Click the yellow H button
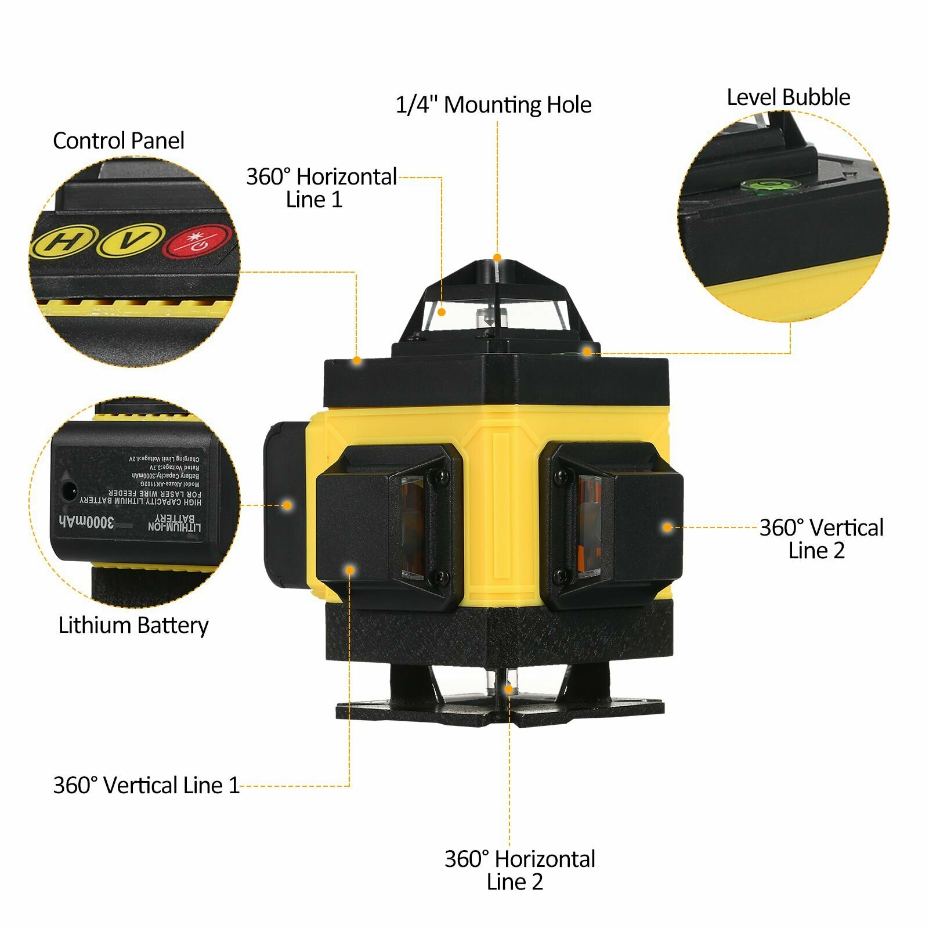click(60, 243)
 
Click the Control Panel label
click(118, 140)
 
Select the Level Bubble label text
click(788, 97)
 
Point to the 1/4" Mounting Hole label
click(493, 105)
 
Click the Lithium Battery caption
click(133, 626)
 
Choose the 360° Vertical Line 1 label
click(146, 786)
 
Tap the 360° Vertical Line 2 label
click(820, 538)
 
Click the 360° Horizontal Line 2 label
click(519, 870)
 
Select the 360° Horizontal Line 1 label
click(321, 187)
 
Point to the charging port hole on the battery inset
click(69, 491)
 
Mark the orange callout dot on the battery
click(287, 505)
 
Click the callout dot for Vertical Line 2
click(667, 527)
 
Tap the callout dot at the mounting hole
click(497, 258)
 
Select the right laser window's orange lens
click(588, 525)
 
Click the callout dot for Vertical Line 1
click(350, 570)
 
